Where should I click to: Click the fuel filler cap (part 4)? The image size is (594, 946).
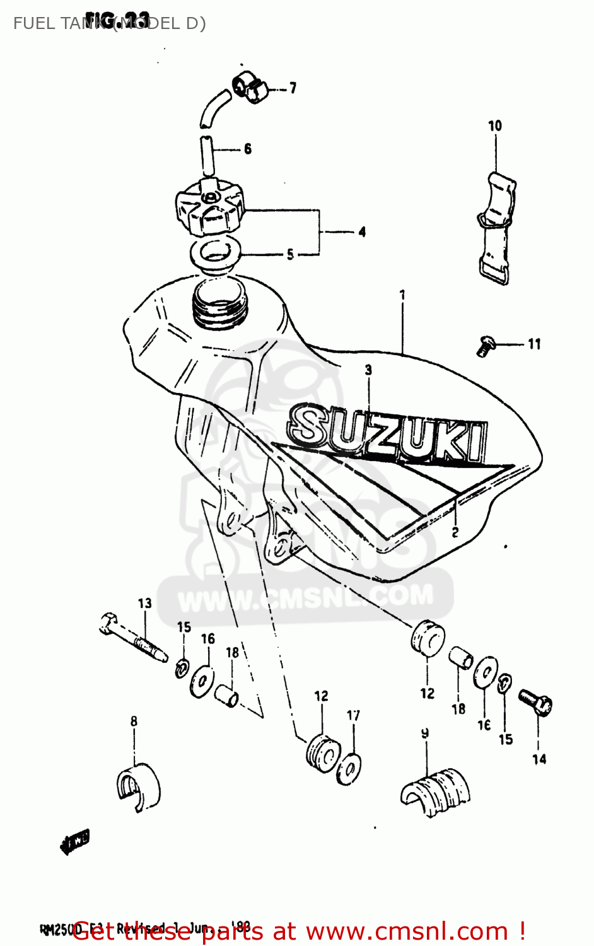(209, 207)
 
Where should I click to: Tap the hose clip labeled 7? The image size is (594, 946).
(250, 87)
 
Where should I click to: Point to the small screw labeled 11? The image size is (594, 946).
(485, 346)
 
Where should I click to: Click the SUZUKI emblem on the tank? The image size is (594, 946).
(388, 432)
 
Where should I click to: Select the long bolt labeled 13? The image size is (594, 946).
(134, 638)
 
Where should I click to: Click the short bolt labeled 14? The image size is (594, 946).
(536, 701)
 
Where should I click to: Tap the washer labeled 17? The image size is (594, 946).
(349, 769)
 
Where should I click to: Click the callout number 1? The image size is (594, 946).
(402, 295)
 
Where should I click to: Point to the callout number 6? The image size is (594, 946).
(248, 149)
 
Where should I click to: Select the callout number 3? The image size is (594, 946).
(368, 370)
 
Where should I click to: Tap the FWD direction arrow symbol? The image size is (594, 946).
(75, 841)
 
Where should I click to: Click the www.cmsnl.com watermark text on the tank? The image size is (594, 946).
(305, 597)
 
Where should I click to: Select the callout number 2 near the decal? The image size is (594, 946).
(455, 532)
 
